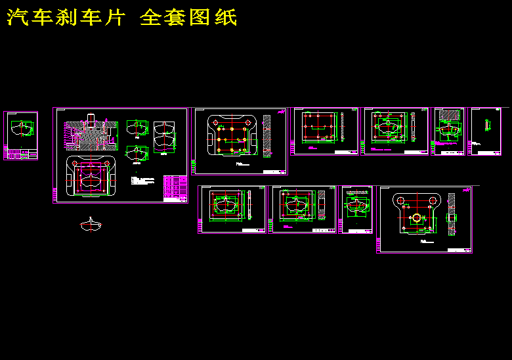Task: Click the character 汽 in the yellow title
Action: pyautogui.click(x=18, y=18)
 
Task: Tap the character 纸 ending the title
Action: pyautogui.click(x=226, y=18)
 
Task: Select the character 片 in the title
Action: pyautogui.click(x=114, y=18)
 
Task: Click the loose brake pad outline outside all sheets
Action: pyautogui.click(x=91, y=225)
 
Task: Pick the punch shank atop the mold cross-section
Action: pyautogui.click(x=90, y=120)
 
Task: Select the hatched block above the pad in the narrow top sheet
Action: pyautogui.click(x=448, y=116)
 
